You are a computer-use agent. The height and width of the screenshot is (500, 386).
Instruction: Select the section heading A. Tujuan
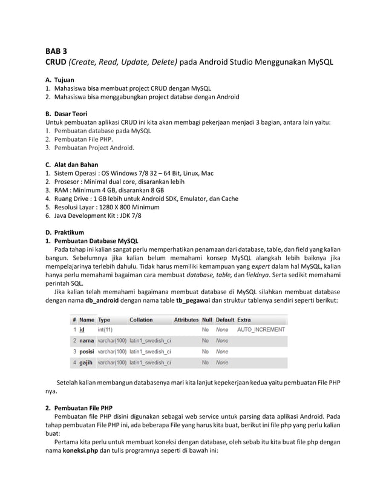(x=60, y=80)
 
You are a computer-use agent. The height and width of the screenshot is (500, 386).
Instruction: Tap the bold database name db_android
(x=106, y=300)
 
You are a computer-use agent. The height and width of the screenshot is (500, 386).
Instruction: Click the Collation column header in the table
(x=141, y=320)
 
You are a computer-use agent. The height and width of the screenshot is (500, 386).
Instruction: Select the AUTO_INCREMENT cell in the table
(x=261, y=330)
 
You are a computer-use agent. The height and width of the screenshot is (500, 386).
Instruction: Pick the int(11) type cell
(x=105, y=330)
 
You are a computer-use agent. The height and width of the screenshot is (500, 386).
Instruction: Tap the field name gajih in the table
(x=86, y=363)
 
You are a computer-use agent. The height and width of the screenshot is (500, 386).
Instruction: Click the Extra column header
(x=244, y=320)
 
